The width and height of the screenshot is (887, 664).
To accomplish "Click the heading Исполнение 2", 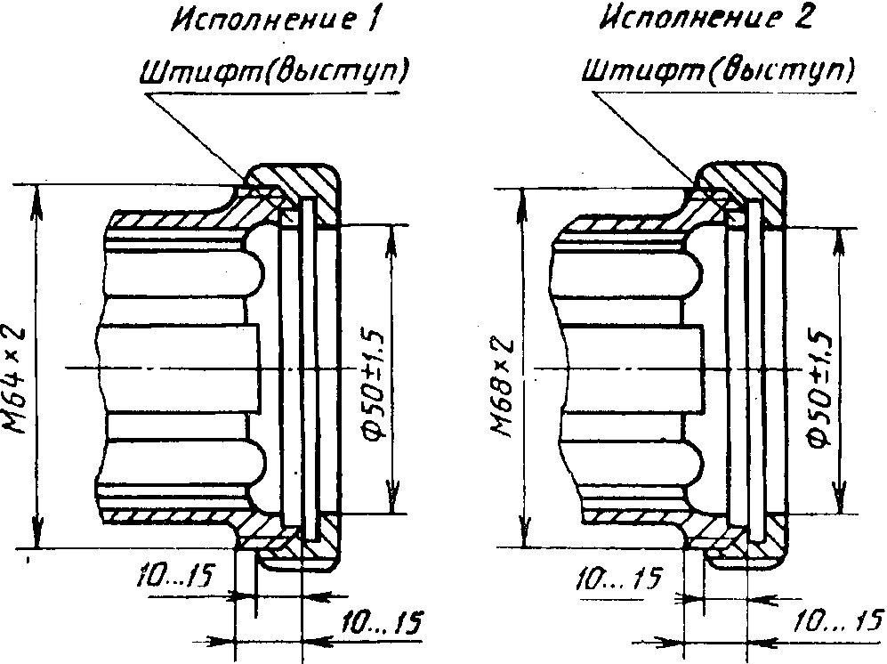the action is (x=706, y=20).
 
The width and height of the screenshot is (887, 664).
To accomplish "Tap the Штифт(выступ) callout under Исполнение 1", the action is (x=273, y=71).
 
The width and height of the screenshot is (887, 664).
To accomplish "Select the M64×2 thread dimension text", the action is (x=16, y=379).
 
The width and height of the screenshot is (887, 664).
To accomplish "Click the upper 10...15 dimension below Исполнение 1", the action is (x=177, y=578).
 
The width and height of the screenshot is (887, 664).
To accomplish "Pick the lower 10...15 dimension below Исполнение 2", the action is (x=836, y=620).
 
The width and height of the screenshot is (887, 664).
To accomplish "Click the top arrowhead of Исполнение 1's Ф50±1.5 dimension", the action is (x=391, y=235).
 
